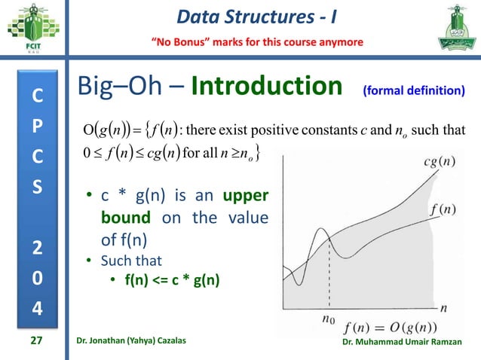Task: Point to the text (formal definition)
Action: pyautogui.click(x=413, y=91)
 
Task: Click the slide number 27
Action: pyautogui.click(x=35, y=341)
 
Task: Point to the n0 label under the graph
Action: pyautogui.click(x=328, y=319)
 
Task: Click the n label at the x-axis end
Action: pyautogui.click(x=444, y=307)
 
